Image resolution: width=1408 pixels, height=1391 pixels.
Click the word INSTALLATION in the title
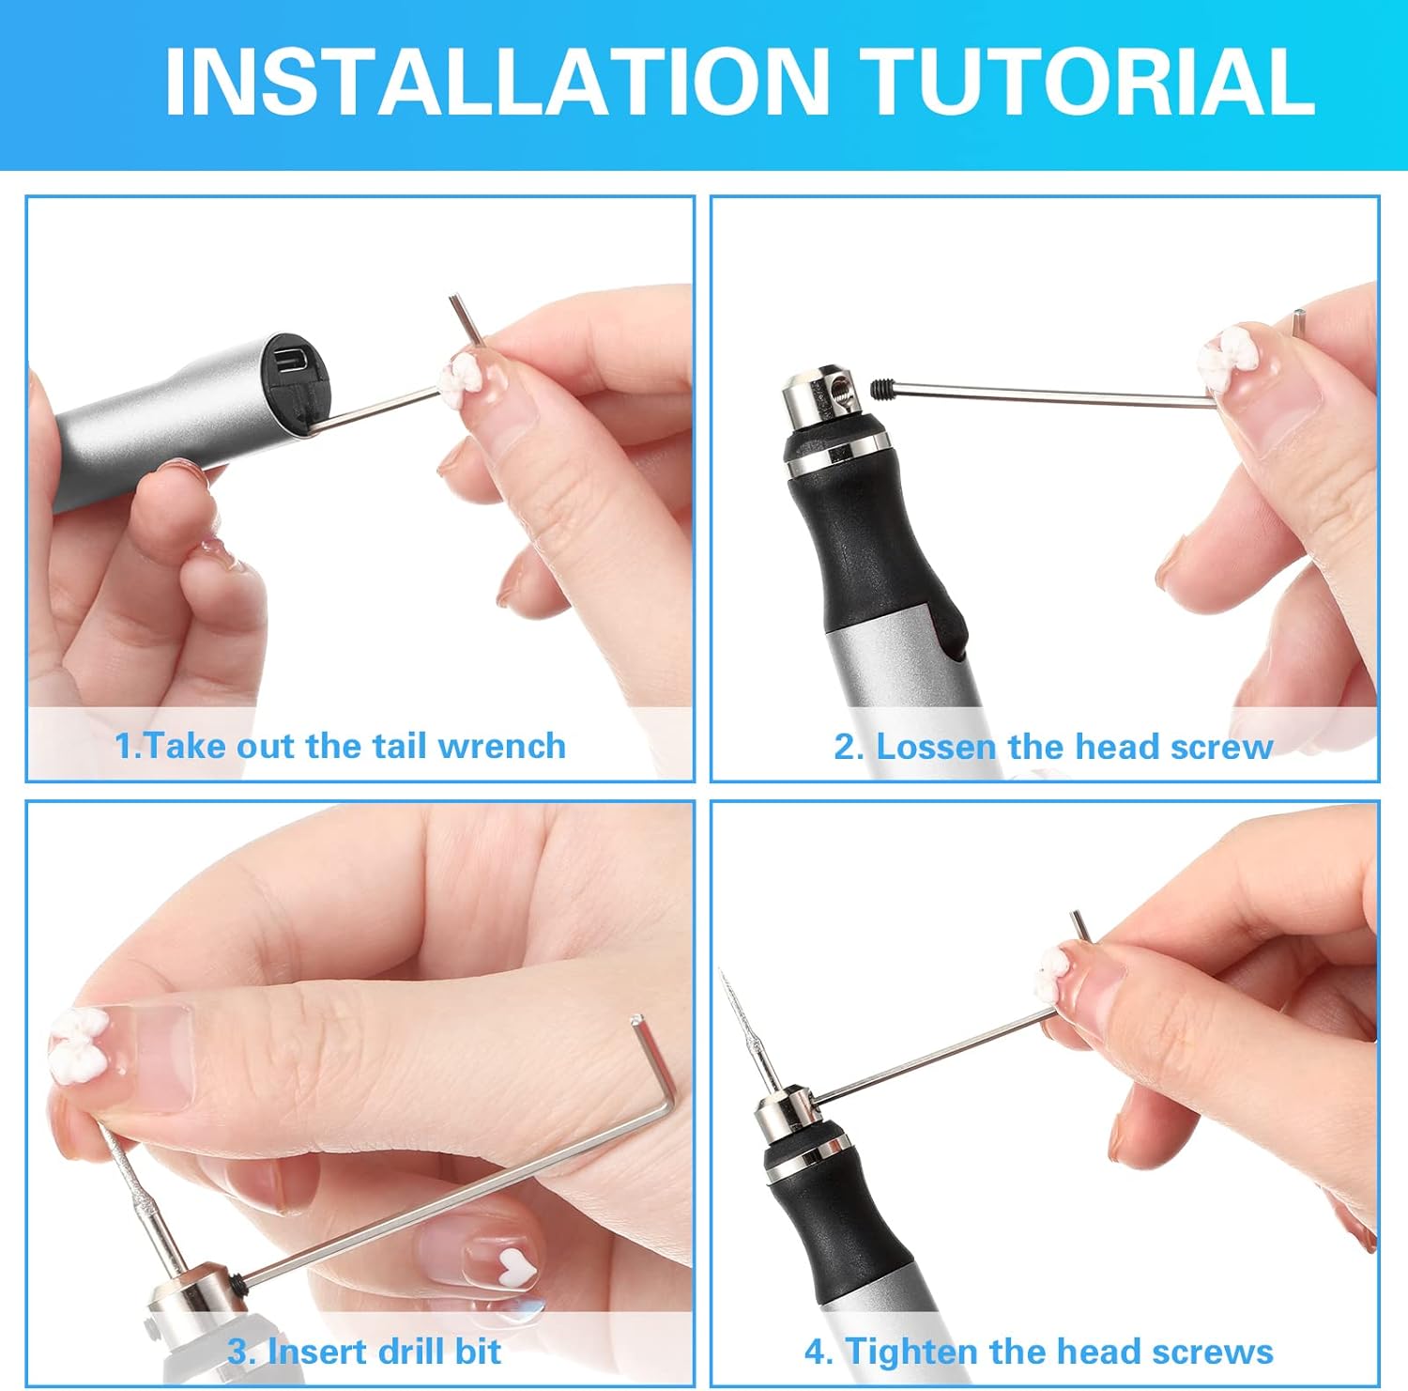pos(497,83)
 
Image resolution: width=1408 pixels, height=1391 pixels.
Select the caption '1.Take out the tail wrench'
pos(340,747)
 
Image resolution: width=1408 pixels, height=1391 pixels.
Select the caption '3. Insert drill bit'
pos(364,1352)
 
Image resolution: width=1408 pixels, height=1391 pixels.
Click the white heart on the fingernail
pos(514,1267)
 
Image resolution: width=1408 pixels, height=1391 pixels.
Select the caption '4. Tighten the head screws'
pos(1038,1352)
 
